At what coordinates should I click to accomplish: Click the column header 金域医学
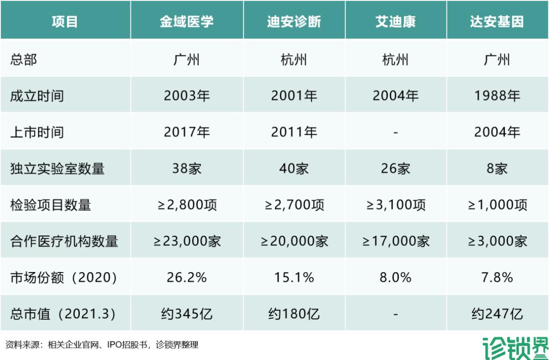[187, 22]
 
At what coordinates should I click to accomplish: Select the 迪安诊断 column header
[294, 22]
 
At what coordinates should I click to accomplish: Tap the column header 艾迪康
[395, 22]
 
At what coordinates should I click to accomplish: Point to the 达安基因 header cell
[497, 22]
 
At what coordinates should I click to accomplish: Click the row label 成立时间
[37, 96]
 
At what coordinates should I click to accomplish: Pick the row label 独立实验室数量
[57, 168]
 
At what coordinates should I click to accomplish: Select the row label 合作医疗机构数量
[64, 241]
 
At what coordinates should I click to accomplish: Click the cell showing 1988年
[497, 96]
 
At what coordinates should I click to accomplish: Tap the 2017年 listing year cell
[187, 132]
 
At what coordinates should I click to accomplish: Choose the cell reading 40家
[294, 168]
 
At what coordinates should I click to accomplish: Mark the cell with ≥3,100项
[395, 205]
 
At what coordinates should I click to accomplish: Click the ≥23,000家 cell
[187, 241]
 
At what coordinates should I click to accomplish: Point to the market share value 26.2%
[187, 278]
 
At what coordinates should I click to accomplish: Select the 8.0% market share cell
[395, 278]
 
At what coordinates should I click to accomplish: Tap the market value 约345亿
[187, 314]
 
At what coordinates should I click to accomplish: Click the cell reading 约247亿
[497, 314]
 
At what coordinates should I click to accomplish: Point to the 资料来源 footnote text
[102, 345]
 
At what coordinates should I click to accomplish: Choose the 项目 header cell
[65, 22]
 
